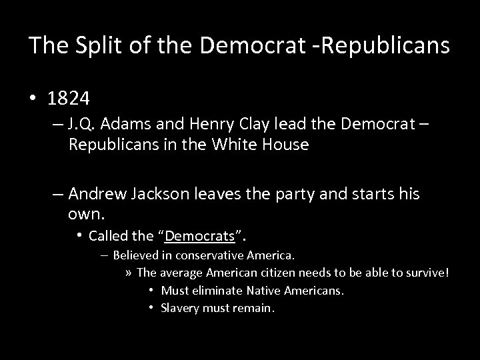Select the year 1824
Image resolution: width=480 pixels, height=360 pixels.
coord(69,99)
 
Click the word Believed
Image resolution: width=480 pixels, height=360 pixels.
coord(136,255)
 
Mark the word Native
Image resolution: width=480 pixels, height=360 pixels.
coord(266,291)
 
